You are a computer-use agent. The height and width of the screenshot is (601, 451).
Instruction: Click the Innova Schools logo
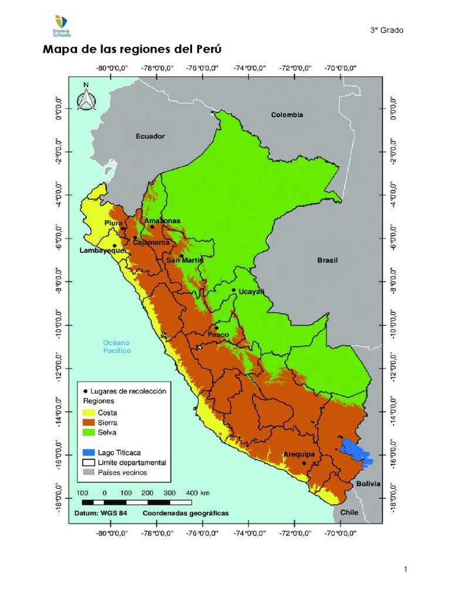[x=61, y=26]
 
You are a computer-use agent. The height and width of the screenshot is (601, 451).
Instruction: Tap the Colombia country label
[x=287, y=115]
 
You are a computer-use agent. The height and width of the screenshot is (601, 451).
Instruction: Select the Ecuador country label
[x=150, y=136]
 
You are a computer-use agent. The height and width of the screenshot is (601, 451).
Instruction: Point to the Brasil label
[x=328, y=260]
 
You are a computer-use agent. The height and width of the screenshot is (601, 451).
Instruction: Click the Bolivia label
[x=368, y=484]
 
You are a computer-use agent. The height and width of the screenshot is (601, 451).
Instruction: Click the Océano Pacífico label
[x=117, y=346]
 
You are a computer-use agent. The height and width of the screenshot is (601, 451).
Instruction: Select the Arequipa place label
[x=299, y=454]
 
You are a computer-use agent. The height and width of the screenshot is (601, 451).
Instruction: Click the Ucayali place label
[x=252, y=292]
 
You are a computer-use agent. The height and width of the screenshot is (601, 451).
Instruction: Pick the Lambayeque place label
[x=102, y=251]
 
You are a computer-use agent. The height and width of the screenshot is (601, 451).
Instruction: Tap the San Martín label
[x=184, y=260]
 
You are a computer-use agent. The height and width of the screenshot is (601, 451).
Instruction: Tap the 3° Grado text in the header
[x=387, y=31]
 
